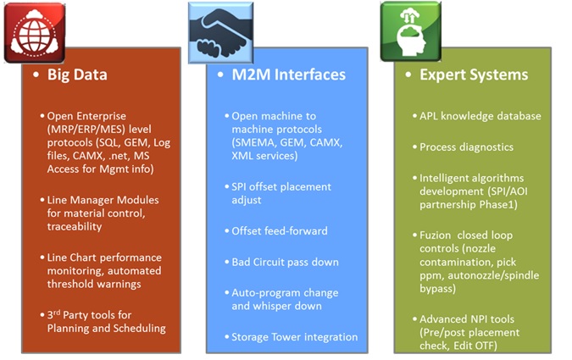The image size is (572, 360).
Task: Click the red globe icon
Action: [x=35, y=33]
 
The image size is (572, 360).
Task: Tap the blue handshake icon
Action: [x=220, y=33]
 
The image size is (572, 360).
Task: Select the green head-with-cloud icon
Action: [x=411, y=31]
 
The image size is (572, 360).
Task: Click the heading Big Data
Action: [x=77, y=75]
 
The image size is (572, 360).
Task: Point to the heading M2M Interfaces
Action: [x=289, y=75]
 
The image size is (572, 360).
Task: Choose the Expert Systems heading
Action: [x=474, y=75]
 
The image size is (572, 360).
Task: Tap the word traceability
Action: [x=75, y=227]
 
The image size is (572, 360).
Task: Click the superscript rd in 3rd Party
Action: [x=57, y=313]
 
